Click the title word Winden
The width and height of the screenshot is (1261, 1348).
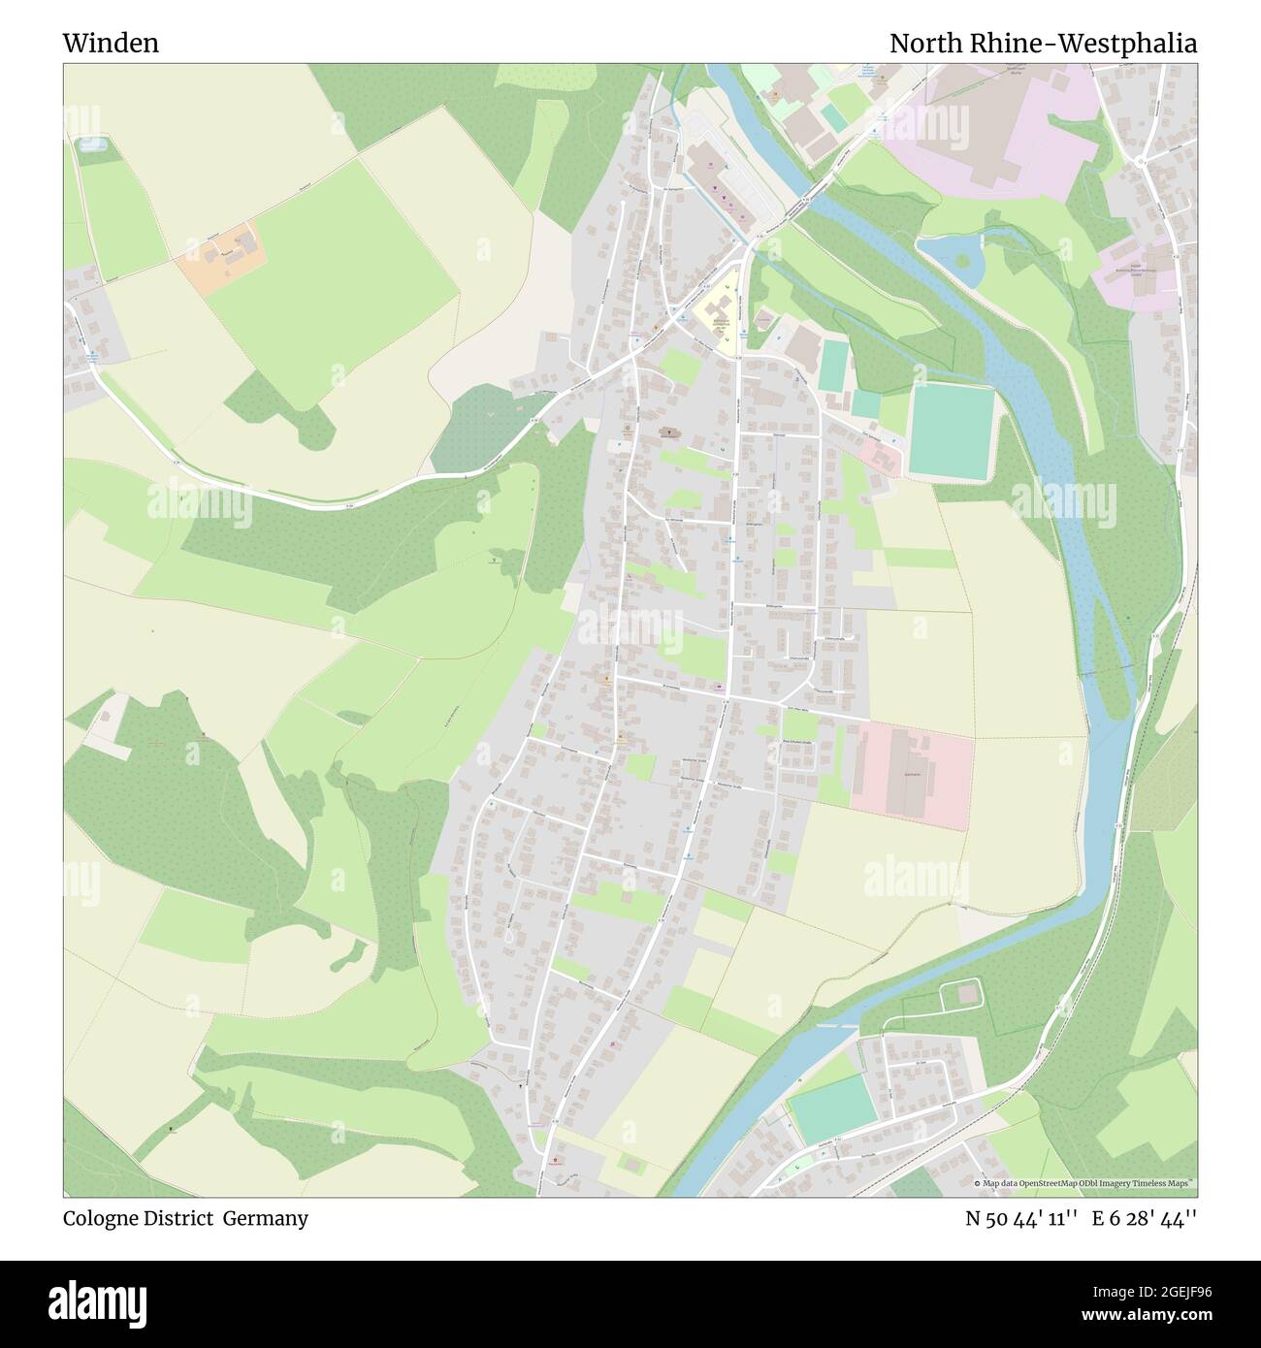pos(111,44)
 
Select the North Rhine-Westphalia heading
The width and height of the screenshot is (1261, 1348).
pos(1043,44)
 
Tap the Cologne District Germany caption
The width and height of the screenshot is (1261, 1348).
pos(185,1218)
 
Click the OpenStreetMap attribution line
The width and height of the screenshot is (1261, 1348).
pos(1083,1183)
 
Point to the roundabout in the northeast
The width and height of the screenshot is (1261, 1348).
pos(1141,161)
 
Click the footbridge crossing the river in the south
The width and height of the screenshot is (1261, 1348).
pos(836,1024)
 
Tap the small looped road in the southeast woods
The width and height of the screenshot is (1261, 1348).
pos(960,994)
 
